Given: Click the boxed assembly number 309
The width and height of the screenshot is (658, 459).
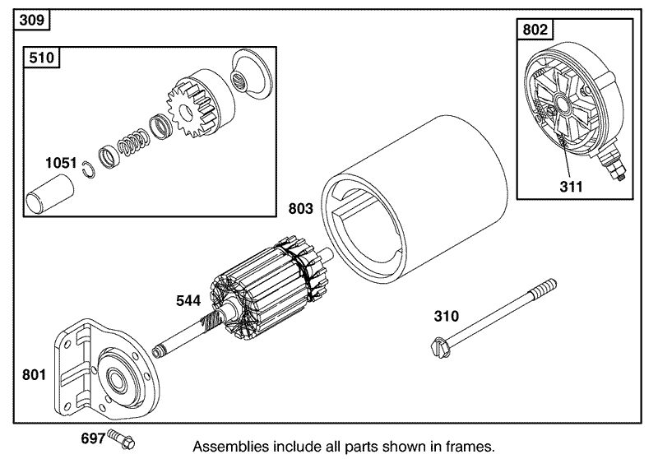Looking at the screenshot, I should [x=30, y=19].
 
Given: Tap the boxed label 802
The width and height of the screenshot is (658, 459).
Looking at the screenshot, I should [x=535, y=31].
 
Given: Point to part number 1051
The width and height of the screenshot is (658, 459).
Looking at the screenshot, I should [x=61, y=164].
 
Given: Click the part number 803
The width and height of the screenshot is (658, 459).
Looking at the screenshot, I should [x=301, y=209].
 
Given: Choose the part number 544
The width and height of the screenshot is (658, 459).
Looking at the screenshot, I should [x=188, y=300].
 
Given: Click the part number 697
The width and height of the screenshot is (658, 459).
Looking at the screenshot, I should [x=93, y=439].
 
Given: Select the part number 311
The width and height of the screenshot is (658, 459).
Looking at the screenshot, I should [x=571, y=186].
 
